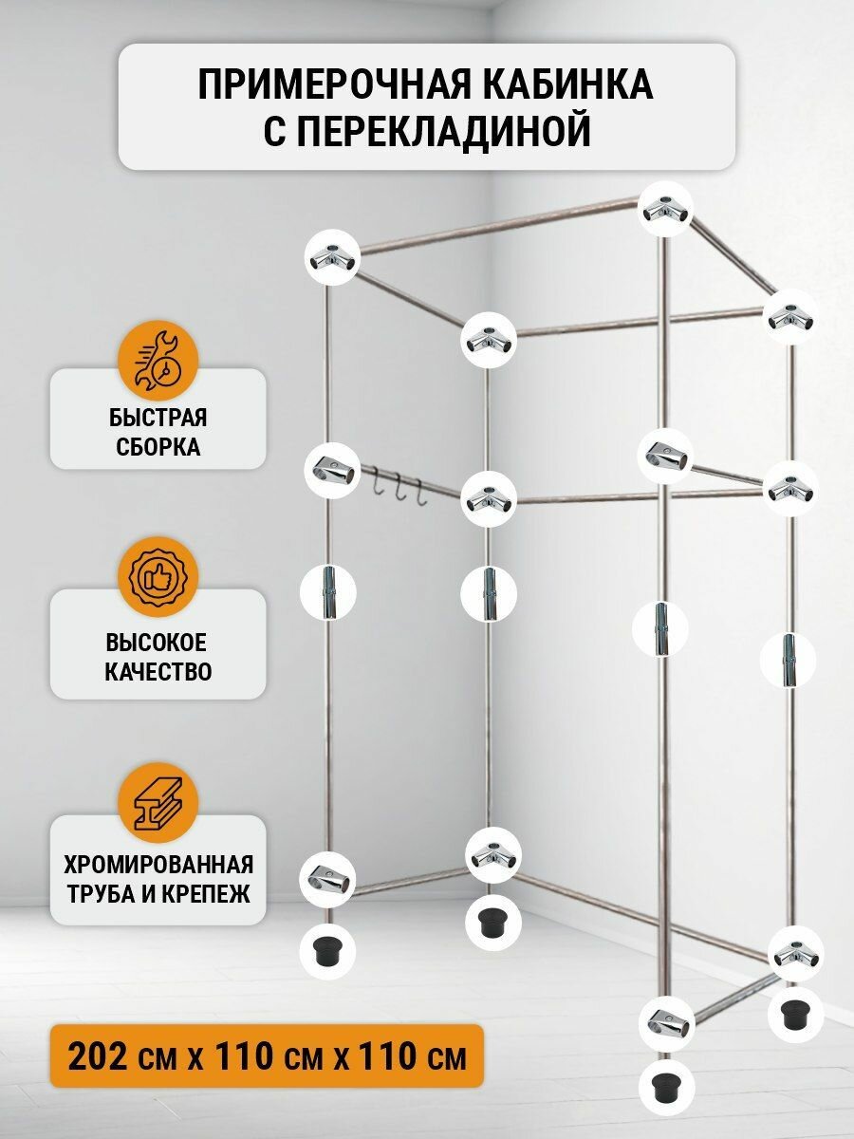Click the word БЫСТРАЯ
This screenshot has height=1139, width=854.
158,419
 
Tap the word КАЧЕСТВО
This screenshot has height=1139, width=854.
158,672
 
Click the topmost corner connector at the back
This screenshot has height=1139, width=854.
664,211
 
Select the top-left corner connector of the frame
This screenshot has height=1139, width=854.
332,256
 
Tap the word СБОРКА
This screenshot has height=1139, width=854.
158,447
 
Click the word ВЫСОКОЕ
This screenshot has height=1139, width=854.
158,644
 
